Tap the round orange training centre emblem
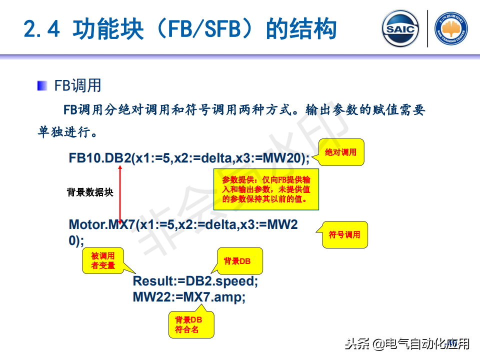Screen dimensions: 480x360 pos(451,29)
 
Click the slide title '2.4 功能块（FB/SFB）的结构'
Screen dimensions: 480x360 pos(180,29)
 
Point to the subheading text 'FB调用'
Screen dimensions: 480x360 pos(77,85)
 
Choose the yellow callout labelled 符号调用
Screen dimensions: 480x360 pos(344,234)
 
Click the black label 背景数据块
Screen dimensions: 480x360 pos(90,192)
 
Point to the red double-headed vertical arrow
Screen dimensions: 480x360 pos(120,192)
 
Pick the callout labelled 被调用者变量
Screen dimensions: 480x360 pos(103,261)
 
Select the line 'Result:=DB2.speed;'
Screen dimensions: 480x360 pos(195,281)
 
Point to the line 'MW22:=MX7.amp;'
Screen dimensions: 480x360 pos(189,297)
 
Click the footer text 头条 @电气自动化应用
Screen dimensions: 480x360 pos(407,344)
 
